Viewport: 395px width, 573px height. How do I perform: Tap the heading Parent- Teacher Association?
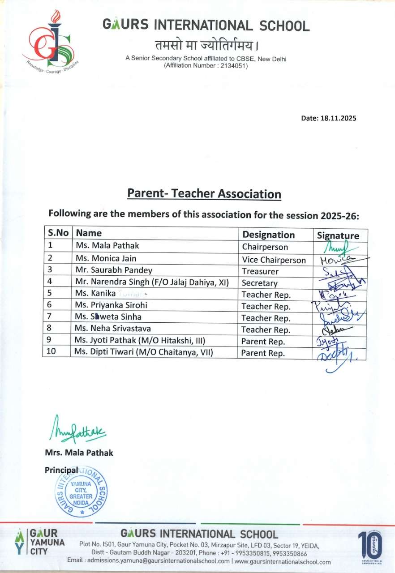pos(204,194)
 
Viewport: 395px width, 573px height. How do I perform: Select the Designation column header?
pos(268,235)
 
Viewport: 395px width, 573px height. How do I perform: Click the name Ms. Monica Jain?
pos(106,258)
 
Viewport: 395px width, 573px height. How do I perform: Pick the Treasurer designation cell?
pos(260,271)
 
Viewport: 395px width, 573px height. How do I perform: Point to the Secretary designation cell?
pos(259,283)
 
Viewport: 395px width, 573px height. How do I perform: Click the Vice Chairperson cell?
pos(274,260)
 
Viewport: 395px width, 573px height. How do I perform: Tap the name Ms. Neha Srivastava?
pos(113,329)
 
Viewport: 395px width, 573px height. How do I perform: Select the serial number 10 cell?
pos(52,352)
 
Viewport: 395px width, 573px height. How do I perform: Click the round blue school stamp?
pos(81,491)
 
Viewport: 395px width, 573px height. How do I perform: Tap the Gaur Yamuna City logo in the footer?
pos(40,542)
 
